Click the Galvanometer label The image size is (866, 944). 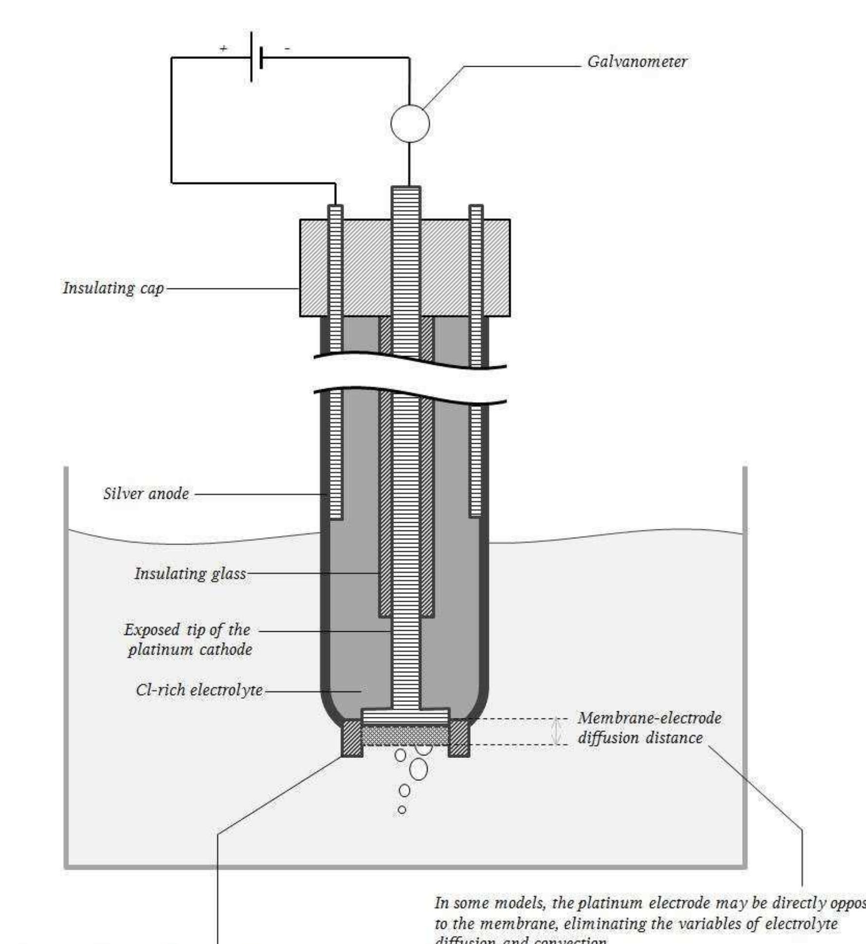(637, 62)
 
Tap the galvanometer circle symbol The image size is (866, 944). (410, 124)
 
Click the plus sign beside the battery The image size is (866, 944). (223, 49)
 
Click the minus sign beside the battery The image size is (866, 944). (288, 48)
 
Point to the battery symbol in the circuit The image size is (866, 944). (256, 57)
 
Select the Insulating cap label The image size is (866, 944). (113, 288)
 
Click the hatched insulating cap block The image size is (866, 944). (365, 268)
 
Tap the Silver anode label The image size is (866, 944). (146, 494)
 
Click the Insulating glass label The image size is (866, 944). (190, 574)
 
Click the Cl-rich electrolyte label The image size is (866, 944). (199, 690)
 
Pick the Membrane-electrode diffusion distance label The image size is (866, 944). (649, 728)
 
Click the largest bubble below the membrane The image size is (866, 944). (419, 769)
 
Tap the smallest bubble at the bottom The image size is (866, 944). (402, 810)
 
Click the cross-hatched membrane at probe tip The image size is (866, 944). (405, 735)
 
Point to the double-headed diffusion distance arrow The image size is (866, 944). (557, 731)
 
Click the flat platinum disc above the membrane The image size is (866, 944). (405, 716)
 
